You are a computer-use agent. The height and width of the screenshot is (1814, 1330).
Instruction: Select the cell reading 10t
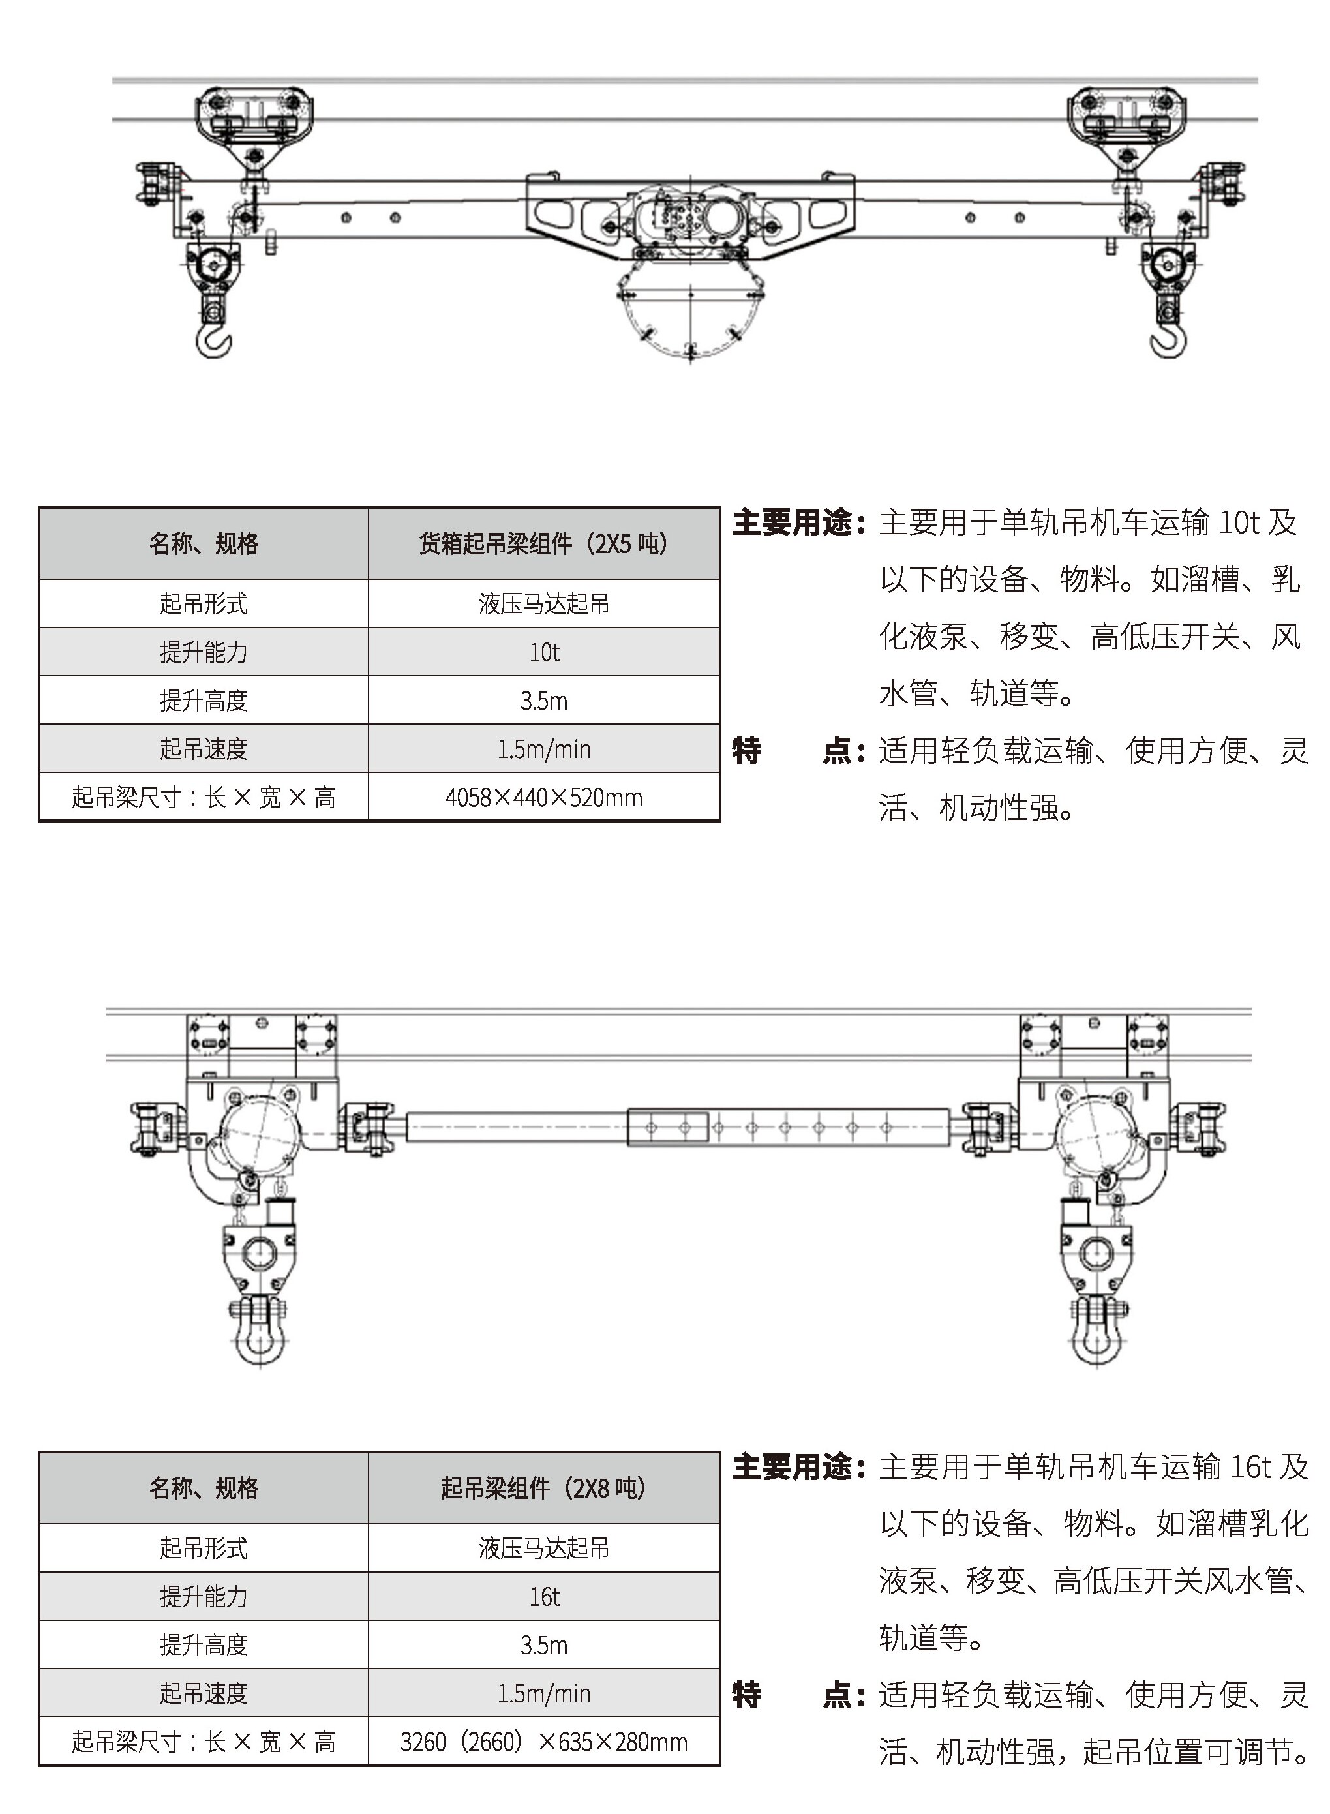(x=544, y=652)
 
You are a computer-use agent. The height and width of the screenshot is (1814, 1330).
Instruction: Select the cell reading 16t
(x=544, y=1597)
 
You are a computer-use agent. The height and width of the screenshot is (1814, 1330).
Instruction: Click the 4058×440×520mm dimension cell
(x=544, y=798)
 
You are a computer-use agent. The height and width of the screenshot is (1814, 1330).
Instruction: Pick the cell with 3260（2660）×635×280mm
(x=544, y=1742)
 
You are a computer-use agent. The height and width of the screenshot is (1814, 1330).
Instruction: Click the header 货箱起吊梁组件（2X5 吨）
(x=544, y=544)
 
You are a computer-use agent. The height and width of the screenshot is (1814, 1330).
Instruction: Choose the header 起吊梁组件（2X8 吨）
(x=544, y=1488)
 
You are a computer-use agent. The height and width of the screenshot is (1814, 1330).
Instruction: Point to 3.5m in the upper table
(x=544, y=701)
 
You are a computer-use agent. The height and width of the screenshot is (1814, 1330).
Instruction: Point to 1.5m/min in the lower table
(x=544, y=1694)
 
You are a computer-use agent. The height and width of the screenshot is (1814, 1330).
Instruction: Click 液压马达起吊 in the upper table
(x=544, y=604)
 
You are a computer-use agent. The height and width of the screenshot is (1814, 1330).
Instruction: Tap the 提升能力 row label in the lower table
(x=204, y=1597)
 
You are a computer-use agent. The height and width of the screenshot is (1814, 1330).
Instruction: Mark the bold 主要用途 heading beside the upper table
(x=793, y=523)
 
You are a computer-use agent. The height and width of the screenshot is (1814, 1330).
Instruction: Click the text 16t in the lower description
(x=1250, y=1467)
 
